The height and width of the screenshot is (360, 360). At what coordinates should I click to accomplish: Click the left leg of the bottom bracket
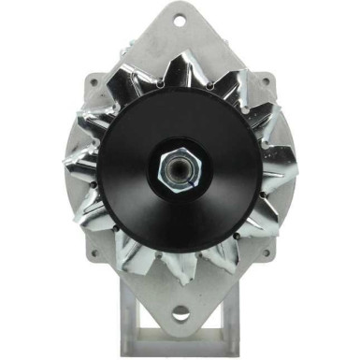click(x=146, y=323)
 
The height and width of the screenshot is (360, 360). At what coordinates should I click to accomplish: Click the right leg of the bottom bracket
click(x=217, y=323)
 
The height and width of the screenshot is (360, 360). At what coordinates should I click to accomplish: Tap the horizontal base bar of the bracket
click(x=180, y=352)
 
